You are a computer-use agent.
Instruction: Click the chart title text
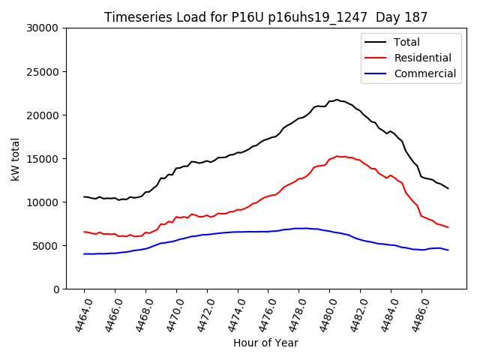click(266, 17)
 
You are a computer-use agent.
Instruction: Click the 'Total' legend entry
click(406, 43)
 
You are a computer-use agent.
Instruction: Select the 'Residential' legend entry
click(422, 58)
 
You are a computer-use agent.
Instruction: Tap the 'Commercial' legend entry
click(424, 73)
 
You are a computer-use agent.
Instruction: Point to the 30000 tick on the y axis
click(43, 28)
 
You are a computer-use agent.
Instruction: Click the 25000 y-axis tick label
click(43, 72)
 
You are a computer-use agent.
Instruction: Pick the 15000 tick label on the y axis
click(43, 159)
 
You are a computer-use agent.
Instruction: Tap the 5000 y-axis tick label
click(46, 246)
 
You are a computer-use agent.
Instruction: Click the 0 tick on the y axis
click(56, 289)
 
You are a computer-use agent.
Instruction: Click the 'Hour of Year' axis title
click(265, 343)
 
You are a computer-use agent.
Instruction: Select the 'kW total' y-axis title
click(16, 158)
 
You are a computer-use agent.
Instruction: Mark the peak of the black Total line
click(337, 100)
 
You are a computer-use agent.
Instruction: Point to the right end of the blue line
click(448, 250)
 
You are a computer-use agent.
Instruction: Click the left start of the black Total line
click(84, 196)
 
